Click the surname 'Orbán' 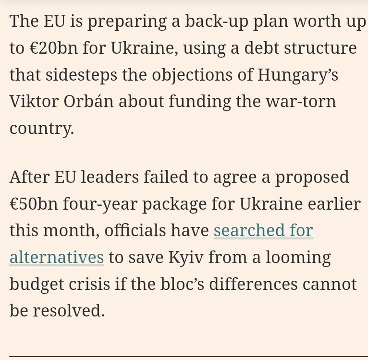[93, 102]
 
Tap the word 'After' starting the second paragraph [32, 178]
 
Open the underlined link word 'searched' [249, 231]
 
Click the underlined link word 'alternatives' [57, 257]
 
